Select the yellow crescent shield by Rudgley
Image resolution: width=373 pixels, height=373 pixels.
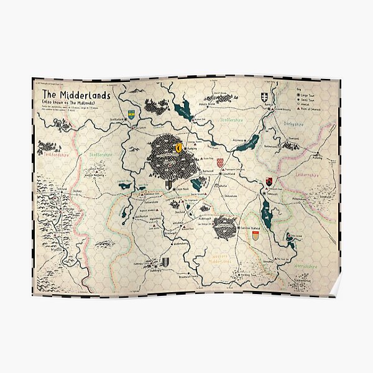(179, 148)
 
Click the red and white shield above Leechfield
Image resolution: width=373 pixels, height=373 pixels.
(220, 163)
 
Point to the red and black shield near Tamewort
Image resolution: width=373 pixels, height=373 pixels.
(269, 182)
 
